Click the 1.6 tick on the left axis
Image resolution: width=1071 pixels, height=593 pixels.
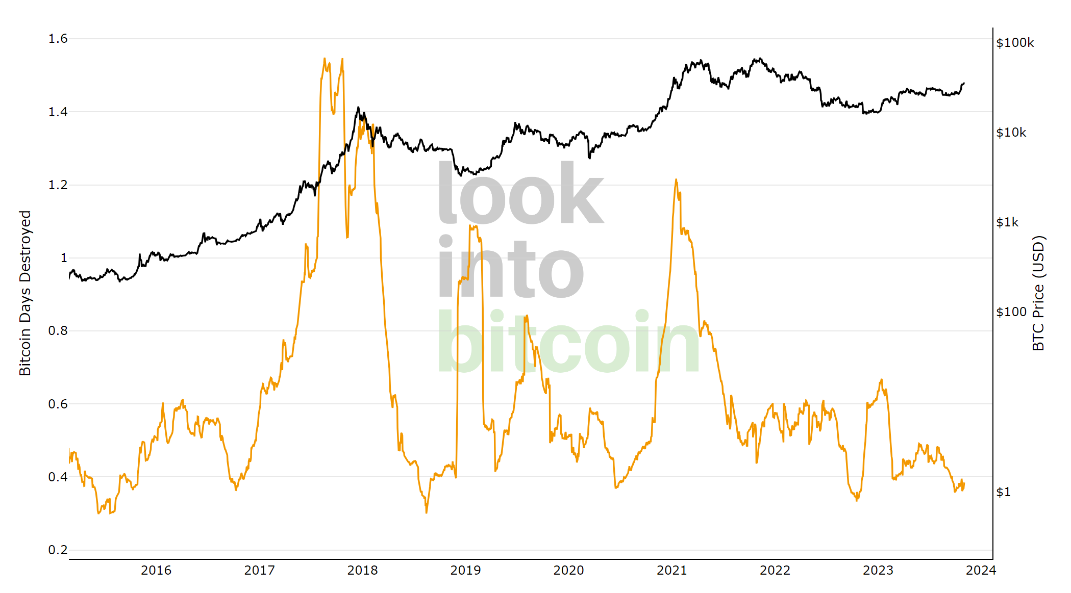pyautogui.click(x=58, y=39)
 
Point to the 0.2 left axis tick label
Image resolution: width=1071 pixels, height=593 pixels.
pyautogui.click(x=58, y=550)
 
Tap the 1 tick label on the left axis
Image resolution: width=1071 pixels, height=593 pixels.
pyautogui.click(x=64, y=258)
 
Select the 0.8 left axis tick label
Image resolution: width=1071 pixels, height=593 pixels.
pyautogui.click(x=58, y=331)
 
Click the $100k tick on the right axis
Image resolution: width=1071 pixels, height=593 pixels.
pyautogui.click(x=1015, y=43)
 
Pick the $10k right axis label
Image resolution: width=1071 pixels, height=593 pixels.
pyautogui.click(x=1011, y=133)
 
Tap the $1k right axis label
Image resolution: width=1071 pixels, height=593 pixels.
pyautogui.click(x=1007, y=222)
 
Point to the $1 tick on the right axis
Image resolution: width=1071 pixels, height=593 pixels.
pyautogui.click(x=1003, y=492)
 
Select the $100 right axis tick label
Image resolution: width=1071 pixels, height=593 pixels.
pyautogui.click(x=1011, y=312)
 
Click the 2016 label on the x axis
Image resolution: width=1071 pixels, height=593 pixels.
pyautogui.click(x=156, y=571)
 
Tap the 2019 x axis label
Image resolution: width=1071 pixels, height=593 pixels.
pyautogui.click(x=465, y=571)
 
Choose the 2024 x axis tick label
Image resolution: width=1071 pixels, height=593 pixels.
pyautogui.click(x=981, y=571)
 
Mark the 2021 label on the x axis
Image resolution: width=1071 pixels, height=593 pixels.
pyautogui.click(x=671, y=571)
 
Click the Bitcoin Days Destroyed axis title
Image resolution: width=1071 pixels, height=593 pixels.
pyautogui.click(x=25, y=293)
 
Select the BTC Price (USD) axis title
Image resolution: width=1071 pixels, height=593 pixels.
pyautogui.click(x=1038, y=293)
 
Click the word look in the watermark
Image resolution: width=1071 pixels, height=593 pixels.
pyautogui.click(x=520, y=194)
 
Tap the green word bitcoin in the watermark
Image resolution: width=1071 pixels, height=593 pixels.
pyautogui.click(x=568, y=342)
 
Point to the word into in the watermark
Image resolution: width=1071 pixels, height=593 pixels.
pyautogui.click(x=510, y=268)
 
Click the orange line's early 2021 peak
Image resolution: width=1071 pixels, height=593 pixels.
pyautogui.click(x=676, y=179)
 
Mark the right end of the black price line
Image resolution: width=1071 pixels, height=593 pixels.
pyautogui.click(x=964, y=83)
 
